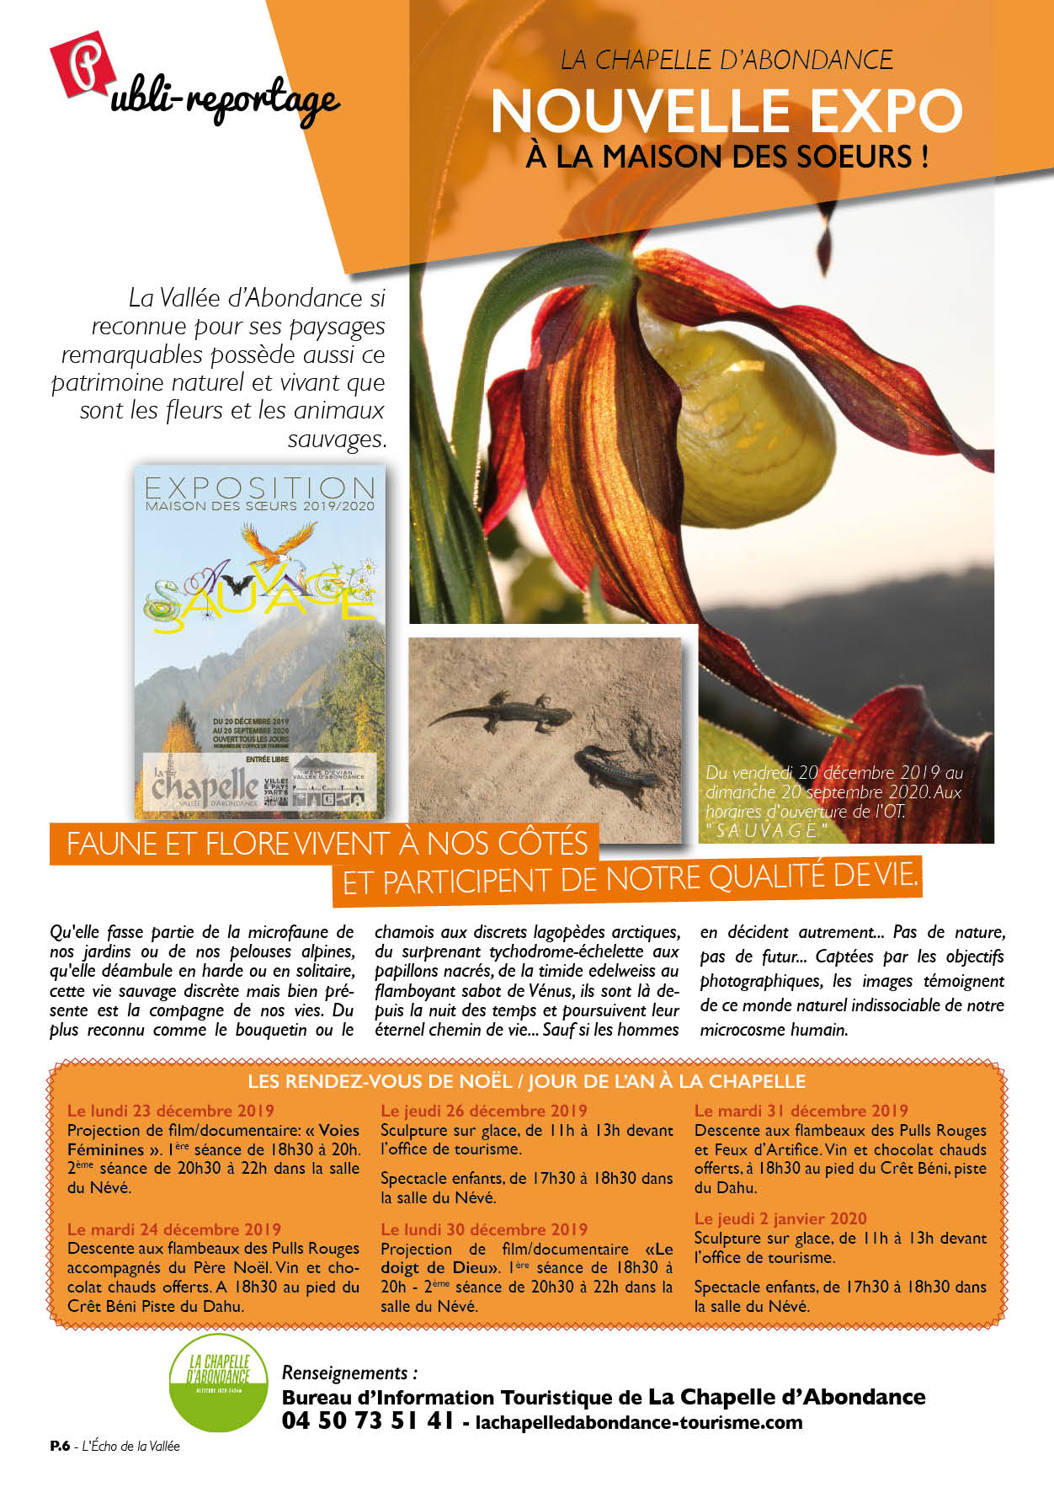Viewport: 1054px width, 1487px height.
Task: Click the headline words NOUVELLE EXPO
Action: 726,111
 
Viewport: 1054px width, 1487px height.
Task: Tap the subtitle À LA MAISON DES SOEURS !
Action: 727,157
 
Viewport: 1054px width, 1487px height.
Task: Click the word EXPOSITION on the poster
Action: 259,488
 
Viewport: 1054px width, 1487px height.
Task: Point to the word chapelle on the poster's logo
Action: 205,786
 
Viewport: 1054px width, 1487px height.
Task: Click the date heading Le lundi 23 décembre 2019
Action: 171,1111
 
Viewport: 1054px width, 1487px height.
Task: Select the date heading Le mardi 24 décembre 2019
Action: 174,1229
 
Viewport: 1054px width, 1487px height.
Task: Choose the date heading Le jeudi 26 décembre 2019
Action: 484,1111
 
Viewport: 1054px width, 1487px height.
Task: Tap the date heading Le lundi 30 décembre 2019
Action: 484,1229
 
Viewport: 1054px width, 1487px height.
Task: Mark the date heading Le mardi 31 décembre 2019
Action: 801,1111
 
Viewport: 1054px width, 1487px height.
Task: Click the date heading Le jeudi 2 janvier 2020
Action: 780,1218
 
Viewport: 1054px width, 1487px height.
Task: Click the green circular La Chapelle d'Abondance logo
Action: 218,1382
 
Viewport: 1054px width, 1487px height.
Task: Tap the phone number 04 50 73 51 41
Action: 368,1420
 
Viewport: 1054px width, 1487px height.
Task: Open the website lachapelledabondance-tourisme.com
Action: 638,1422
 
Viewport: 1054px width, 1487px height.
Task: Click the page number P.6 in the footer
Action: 59,1446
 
